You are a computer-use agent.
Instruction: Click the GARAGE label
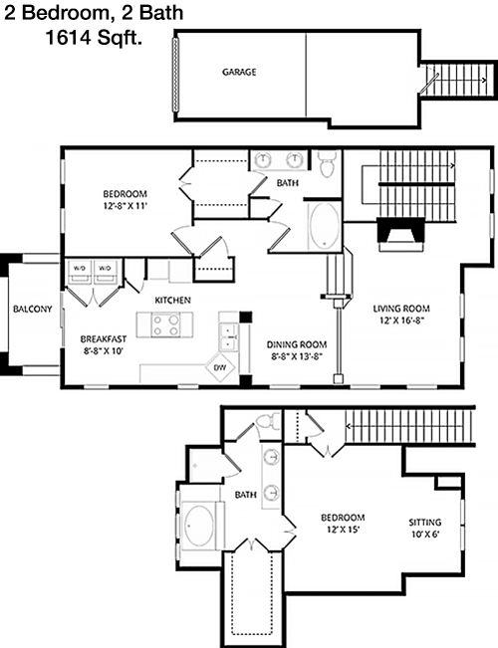(239, 72)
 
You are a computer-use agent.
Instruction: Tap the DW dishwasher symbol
(221, 367)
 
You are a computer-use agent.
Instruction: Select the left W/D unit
(80, 272)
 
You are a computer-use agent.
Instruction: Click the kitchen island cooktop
(165, 324)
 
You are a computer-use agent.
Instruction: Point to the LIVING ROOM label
(401, 309)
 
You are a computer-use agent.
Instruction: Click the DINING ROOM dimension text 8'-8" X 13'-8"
(297, 356)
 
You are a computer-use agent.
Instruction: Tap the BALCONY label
(32, 309)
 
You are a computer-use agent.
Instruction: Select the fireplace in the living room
(401, 234)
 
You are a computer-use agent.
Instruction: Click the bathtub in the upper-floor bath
(325, 226)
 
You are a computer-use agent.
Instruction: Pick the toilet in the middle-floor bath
(327, 163)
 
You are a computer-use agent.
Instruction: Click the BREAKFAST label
(104, 339)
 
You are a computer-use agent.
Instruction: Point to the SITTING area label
(424, 522)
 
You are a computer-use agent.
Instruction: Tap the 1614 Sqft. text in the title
(94, 38)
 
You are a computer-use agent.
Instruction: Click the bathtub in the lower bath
(200, 526)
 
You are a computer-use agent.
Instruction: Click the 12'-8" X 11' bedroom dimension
(125, 205)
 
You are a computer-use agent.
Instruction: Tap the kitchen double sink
(229, 337)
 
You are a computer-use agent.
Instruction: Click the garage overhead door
(175, 75)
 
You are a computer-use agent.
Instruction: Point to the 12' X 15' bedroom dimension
(343, 530)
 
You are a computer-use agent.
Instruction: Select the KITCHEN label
(173, 300)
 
